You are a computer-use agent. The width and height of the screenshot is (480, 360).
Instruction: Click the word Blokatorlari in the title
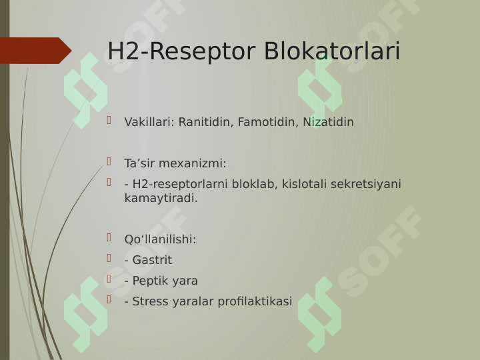pos(332,51)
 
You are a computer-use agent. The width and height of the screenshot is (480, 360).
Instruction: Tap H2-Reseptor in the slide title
pos(181,52)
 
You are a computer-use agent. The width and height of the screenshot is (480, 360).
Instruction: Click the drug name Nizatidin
pos(328,122)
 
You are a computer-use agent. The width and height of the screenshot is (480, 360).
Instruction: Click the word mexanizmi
pos(193,163)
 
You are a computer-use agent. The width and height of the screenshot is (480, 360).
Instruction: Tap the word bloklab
pos(255,184)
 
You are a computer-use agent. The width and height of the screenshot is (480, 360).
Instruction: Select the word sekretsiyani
pos(366,184)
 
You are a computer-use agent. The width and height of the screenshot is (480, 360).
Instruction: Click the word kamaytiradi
pos(161,198)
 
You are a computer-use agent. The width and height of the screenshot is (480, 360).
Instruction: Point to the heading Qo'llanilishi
pos(160,239)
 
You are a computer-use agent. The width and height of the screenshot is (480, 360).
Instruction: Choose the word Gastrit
pos(152,260)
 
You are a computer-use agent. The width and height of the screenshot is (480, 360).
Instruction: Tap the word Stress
pos(150,301)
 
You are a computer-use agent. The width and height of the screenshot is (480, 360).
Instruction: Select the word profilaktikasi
pos(255,301)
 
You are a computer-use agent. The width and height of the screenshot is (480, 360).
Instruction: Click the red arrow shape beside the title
pos(35,51)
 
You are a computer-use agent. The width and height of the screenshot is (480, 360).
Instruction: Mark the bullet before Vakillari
pos(109,120)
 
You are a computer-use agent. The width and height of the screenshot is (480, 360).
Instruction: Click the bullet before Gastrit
pos(109,258)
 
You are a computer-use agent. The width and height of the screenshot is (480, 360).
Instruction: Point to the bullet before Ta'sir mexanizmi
pos(109,161)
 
